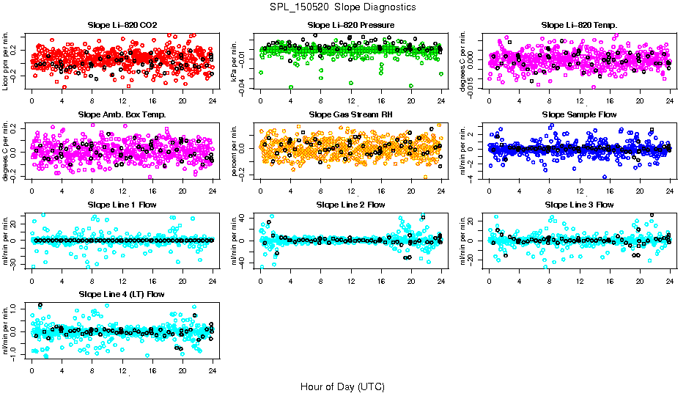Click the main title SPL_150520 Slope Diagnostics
(343, 7)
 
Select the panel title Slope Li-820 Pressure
(350, 26)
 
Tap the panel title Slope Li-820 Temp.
(579, 26)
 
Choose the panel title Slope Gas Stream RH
(350, 115)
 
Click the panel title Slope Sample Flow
(579, 115)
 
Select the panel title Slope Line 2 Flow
(350, 205)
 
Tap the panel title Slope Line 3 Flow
(579, 205)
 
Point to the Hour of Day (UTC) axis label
(342, 386)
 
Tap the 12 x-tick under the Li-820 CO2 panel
(122, 101)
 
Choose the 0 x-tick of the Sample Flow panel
(490, 191)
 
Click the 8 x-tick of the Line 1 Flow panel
(92, 281)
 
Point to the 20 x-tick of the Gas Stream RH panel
(411, 191)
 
